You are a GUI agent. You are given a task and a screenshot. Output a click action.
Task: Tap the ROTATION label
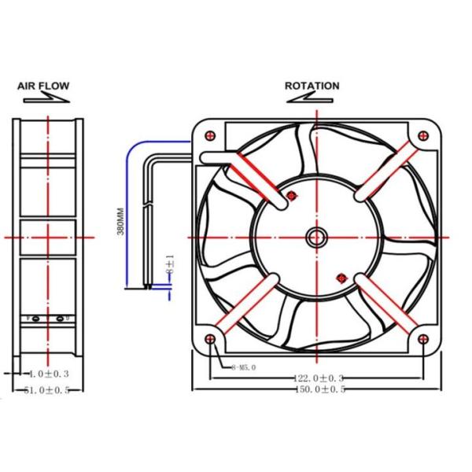(x=312, y=86)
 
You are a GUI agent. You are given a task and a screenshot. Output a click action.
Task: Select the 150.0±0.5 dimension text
(x=319, y=390)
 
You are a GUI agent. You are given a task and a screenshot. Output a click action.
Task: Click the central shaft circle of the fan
(x=318, y=237)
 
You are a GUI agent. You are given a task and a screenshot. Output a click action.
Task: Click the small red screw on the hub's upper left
(x=293, y=195)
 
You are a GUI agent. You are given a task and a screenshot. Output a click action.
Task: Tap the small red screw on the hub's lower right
(x=341, y=276)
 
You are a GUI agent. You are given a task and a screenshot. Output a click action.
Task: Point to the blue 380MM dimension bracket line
(x=127, y=212)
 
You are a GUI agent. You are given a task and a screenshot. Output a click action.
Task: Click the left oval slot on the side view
(x=36, y=319)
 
